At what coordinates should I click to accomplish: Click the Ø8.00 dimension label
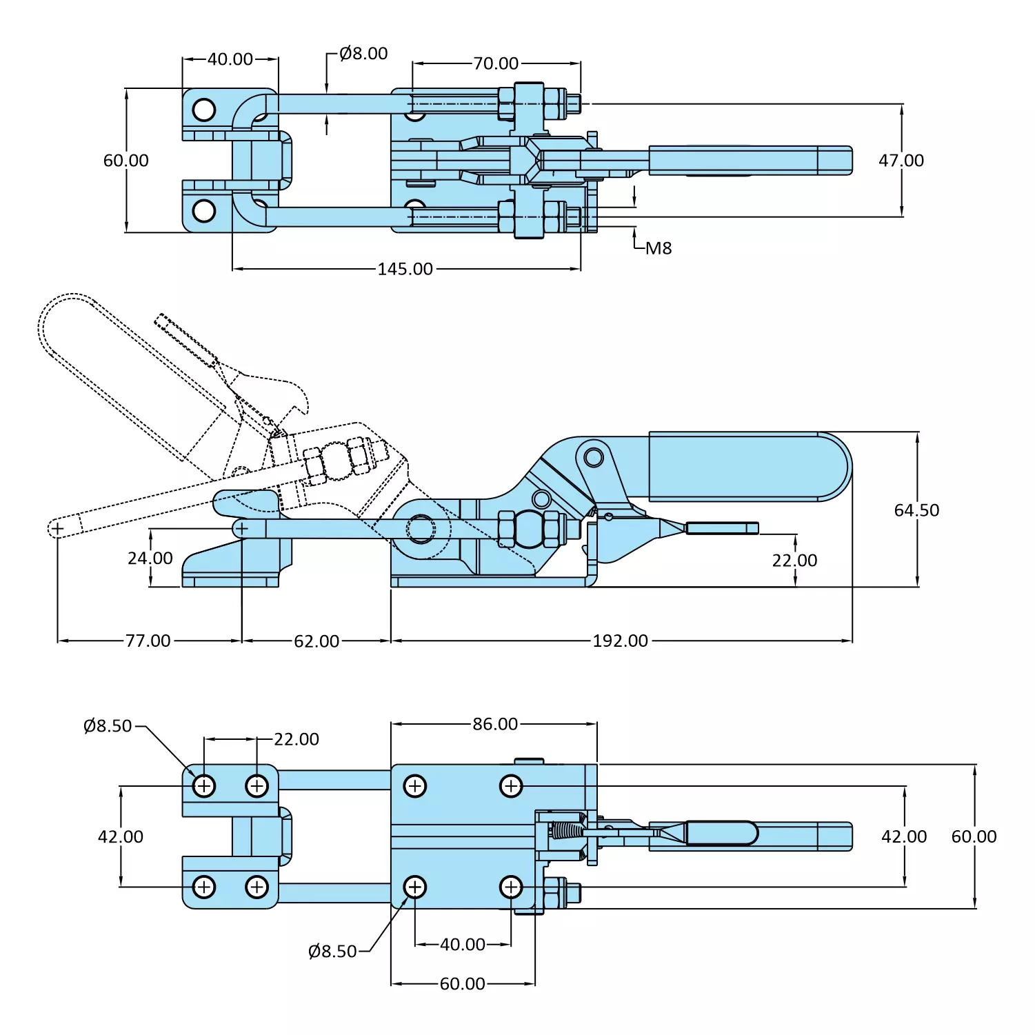click(x=363, y=54)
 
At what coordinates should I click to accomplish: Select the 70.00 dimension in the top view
click(x=495, y=63)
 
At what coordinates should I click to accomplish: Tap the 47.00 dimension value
click(x=901, y=161)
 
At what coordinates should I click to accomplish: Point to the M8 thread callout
click(x=658, y=248)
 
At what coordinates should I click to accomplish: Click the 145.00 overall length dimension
click(x=405, y=269)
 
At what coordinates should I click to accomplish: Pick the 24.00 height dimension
click(x=150, y=558)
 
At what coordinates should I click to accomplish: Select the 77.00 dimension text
click(x=148, y=641)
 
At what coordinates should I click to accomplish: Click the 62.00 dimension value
click(x=316, y=641)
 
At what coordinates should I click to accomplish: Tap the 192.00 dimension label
click(x=620, y=641)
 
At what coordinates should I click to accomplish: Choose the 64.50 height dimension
click(x=916, y=510)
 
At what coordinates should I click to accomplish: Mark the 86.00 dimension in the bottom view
click(x=494, y=724)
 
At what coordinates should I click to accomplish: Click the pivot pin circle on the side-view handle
click(x=593, y=456)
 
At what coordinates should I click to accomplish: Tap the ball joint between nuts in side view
click(x=529, y=528)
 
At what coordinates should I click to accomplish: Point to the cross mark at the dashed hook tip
click(x=57, y=529)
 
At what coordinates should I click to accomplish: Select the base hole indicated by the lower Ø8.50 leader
click(x=414, y=887)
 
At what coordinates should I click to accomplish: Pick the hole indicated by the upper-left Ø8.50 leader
click(x=204, y=785)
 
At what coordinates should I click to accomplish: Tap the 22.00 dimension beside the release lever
click(x=794, y=561)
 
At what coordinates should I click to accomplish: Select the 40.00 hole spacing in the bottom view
click(x=462, y=945)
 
